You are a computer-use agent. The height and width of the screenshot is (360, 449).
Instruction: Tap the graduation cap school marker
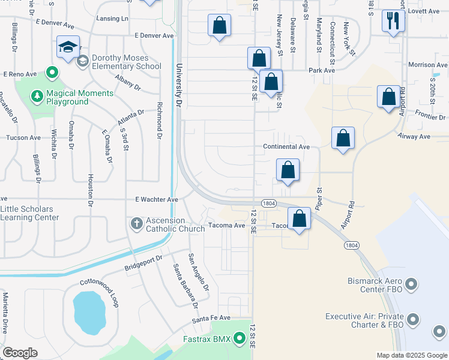coord(68,47)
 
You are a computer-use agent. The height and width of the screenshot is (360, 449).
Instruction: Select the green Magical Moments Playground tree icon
coord(37,96)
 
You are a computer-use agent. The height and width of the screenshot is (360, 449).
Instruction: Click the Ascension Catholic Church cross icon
coord(136,224)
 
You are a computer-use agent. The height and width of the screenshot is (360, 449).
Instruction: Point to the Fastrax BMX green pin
coord(240,340)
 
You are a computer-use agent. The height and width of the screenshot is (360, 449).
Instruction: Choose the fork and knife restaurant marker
coord(393,22)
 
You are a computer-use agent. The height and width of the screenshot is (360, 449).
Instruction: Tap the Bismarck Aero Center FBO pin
coord(412,283)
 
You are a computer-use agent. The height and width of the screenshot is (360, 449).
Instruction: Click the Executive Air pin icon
coord(412,320)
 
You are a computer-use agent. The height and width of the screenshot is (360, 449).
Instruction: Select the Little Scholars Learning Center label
coord(29,213)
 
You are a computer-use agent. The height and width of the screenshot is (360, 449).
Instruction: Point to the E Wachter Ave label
coord(157,199)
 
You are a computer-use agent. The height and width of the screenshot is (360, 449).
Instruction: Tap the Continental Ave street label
coord(286,146)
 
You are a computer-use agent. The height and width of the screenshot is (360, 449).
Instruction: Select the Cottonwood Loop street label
coord(99,291)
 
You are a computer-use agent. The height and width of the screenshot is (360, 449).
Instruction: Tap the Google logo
coord(20,353)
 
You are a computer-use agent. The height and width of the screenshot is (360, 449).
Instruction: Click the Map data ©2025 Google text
coord(411,355)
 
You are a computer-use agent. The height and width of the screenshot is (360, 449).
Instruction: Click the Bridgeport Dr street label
coord(143,262)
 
